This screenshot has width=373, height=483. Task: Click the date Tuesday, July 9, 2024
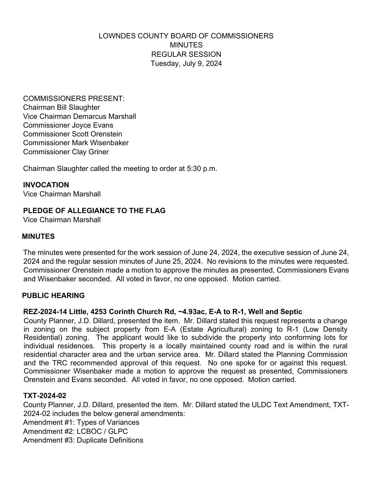pyautogui.click(x=186, y=64)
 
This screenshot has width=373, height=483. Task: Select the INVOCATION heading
pyautogui.click(x=46, y=185)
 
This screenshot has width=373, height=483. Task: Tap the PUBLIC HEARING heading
pyautogui.click(x=53, y=296)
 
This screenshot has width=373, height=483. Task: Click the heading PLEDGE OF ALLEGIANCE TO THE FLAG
pyautogui.click(x=94, y=211)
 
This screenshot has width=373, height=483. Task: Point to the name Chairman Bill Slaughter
pyautogui.click(x=61, y=107)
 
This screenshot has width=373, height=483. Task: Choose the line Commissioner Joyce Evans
pyautogui.click(x=68, y=125)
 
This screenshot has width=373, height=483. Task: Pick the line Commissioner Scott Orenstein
pyautogui.click(x=73, y=134)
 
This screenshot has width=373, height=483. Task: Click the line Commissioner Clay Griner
pyautogui.click(x=66, y=152)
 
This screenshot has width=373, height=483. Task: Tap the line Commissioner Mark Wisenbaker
pyautogui.click(x=76, y=143)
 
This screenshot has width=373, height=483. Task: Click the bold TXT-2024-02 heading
pyautogui.click(x=44, y=396)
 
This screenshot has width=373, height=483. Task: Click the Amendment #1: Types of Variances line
pyautogui.click(x=81, y=422)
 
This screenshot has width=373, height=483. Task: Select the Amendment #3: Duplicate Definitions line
pyautogui.click(x=83, y=440)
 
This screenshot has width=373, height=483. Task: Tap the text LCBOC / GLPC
pyautogui.click(x=102, y=431)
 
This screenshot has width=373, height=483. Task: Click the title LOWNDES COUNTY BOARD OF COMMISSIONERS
pyautogui.click(x=186, y=36)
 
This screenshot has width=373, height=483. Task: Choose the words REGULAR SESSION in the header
pyautogui.click(x=186, y=54)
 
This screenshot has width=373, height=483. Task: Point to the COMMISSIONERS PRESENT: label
pyautogui.click(x=74, y=99)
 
